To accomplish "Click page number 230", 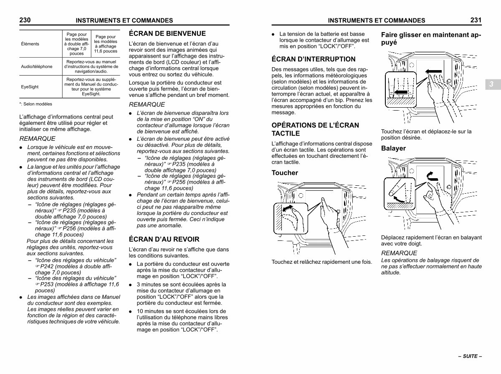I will click(25, 20).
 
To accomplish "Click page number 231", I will click(476, 20).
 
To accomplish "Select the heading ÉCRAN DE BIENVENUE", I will click(167, 33).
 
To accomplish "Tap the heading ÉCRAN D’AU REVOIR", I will click(164, 239).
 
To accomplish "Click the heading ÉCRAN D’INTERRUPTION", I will click(314, 59).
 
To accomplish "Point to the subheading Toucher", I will click(285, 173).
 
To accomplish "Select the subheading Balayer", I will click(393, 148).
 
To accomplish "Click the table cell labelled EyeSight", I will click(30, 87).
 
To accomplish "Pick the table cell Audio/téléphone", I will click(37, 66).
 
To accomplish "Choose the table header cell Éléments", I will click(30, 44).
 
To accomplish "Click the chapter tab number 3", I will click(491, 84).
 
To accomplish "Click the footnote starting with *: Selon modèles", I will click(35, 104).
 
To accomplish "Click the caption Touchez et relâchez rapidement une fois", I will click(321, 262).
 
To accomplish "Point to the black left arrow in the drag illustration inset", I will click(401, 91).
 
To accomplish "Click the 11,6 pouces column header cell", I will click(106, 44).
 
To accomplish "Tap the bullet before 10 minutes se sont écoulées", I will click(132, 311).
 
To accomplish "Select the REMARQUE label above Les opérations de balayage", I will click(399, 253).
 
